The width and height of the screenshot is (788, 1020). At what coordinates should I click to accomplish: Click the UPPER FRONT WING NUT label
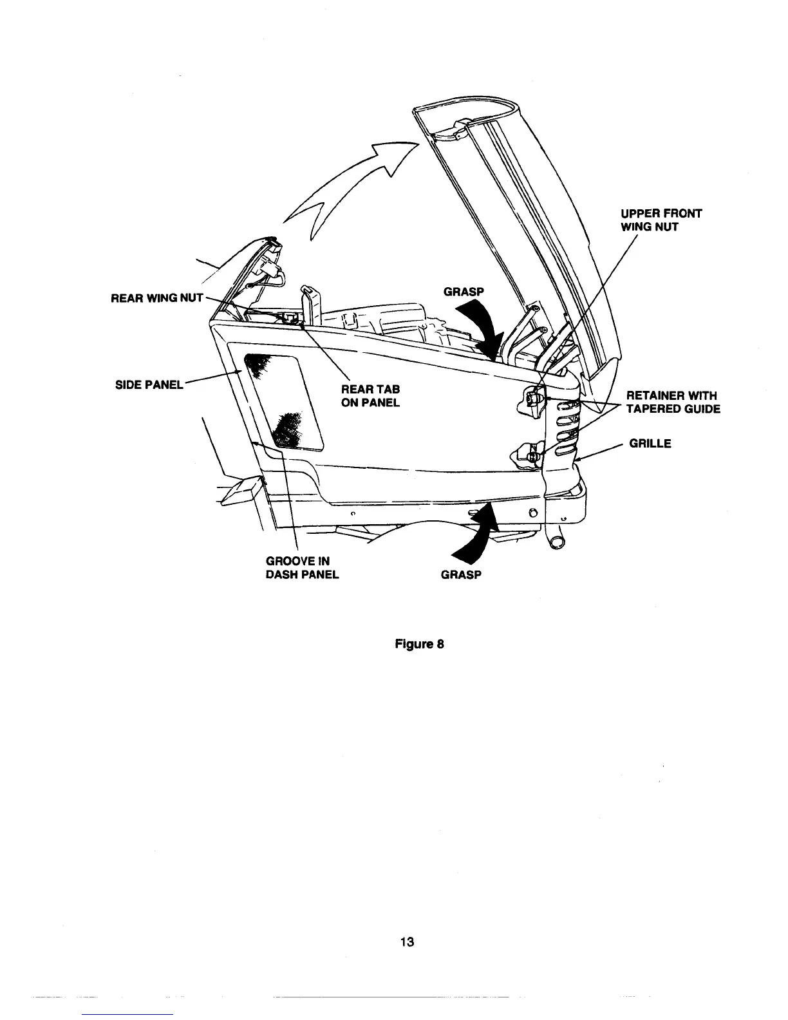661,220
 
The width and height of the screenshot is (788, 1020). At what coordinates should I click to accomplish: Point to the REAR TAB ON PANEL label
370,396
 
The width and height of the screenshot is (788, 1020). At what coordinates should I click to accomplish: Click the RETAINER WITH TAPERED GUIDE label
673,402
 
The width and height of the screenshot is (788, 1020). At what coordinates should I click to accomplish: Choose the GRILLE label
650,443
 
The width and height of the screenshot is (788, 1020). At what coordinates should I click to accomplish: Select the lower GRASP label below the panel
461,574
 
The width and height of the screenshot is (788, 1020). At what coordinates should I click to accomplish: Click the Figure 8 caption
420,644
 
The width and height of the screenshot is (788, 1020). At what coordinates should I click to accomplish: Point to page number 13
406,942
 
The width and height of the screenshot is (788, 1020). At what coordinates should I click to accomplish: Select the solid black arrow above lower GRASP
480,531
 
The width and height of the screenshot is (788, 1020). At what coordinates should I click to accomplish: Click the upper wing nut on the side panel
532,398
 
